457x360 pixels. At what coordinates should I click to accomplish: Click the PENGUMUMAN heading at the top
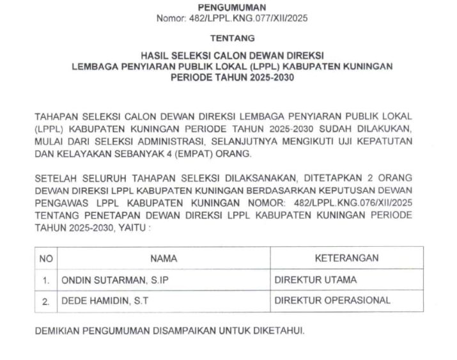coord(232,7)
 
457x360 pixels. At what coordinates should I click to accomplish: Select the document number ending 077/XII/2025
coord(232,18)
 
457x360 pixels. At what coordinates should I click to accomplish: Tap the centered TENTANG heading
coord(232,38)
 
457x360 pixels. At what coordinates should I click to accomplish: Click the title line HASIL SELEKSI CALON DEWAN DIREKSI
coord(232,56)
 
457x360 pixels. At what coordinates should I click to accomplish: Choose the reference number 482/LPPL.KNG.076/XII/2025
coord(356,202)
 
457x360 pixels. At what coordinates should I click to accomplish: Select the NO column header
coord(46,258)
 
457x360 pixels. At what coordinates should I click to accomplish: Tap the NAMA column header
coord(164,258)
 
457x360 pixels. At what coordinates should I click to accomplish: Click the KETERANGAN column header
coord(346,258)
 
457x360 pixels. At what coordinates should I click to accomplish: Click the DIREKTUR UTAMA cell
coord(316,279)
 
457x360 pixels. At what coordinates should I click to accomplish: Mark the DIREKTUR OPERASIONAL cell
coord(332,301)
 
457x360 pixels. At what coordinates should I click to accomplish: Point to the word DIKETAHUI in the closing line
coord(279,332)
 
